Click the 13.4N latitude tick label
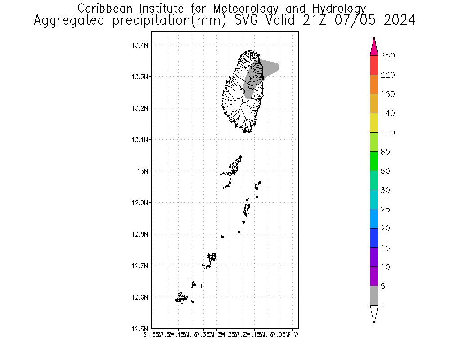point(139,45)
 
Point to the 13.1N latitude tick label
point(139,140)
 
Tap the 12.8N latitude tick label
point(139,234)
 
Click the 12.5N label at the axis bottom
point(139,328)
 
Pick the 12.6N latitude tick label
point(139,297)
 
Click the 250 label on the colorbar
point(387,56)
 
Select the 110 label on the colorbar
point(387,133)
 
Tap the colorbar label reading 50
point(385,171)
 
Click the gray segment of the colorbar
point(374,296)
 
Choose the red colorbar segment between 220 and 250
point(374,65)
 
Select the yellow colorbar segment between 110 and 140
point(374,123)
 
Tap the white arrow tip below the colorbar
point(374,314)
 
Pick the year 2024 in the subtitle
point(399,21)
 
